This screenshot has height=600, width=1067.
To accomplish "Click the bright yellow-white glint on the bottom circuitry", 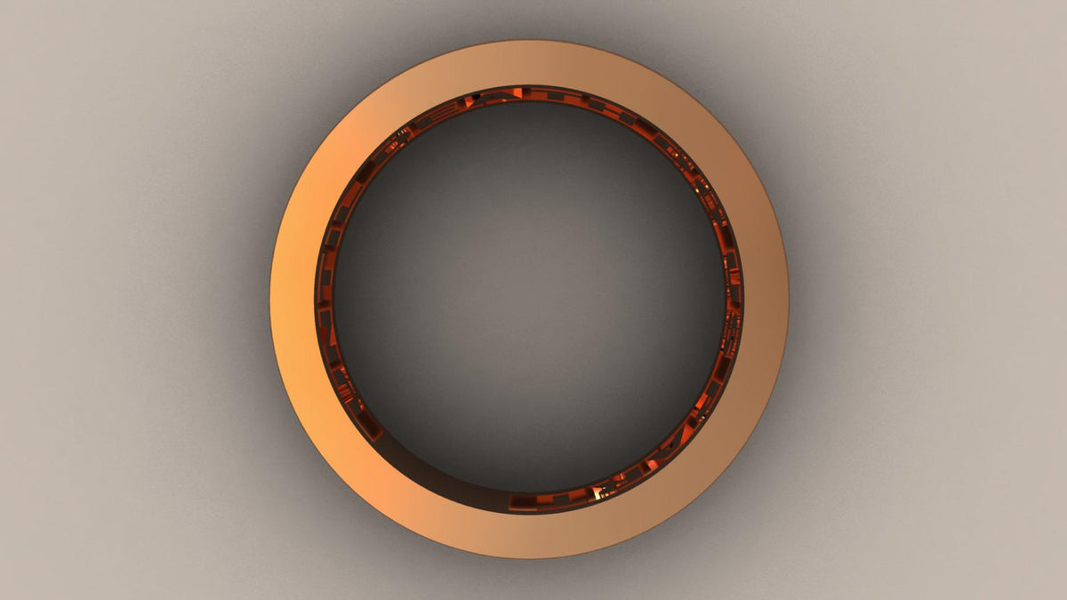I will [595, 492].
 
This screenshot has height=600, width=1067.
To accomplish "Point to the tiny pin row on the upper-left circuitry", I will [402, 133].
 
